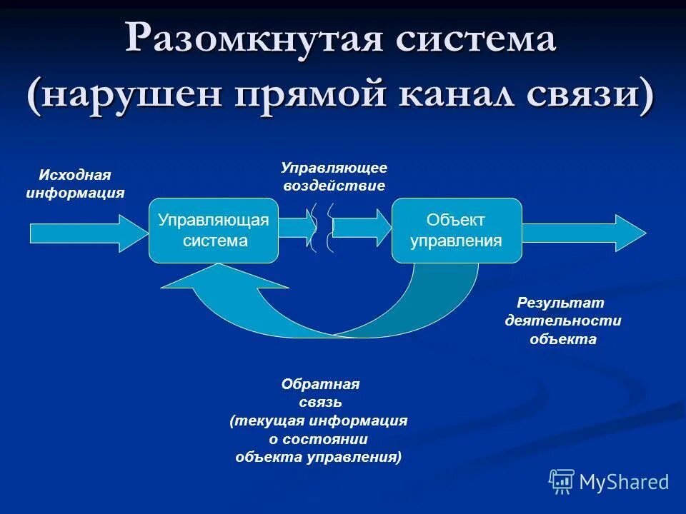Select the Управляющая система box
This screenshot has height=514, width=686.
pyautogui.click(x=214, y=231)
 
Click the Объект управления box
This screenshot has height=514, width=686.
pyautogui.click(x=457, y=231)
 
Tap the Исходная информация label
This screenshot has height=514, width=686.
pyautogui.click(x=75, y=184)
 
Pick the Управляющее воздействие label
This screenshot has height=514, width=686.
pyautogui.click(x=334, y=176)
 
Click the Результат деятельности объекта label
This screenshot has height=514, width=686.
pyautogui.click(x=563, y=321)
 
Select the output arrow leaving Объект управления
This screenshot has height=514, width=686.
pyautogui.click(x=583, y=232)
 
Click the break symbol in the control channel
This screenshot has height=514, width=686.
pyautogui.click(x=322, y=228)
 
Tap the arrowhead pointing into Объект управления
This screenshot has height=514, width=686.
pyautogui.click(x=380, y=227)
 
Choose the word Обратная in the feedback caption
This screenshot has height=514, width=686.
pyautogui.click(x=320, y=384)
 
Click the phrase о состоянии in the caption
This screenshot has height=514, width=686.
pyautogui.click(x=318, y=440)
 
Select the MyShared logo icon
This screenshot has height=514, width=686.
pyautogui.click(x=562, y=482)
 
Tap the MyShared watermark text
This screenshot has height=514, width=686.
pyautogui.click(x=624, y=483)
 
